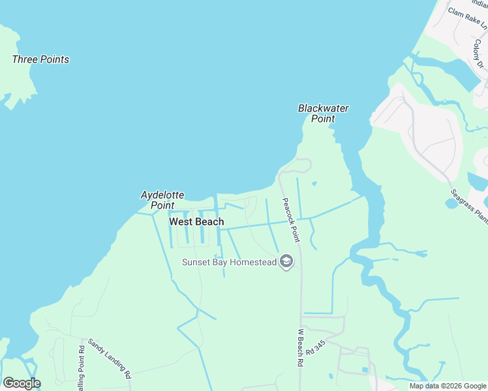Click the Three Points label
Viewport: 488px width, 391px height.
[x=40, y=59]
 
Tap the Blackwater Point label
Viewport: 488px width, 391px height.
[x=323, y=113]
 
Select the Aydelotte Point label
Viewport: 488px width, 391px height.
[x=162, y=200]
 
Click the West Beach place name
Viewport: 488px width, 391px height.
[x=196, y=222]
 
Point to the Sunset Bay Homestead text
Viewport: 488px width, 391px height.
[x=229, y=262]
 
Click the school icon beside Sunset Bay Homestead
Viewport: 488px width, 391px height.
[x=286, y=262]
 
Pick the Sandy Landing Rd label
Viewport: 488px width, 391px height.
[x=110, y=358]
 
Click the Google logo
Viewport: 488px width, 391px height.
[x=22, y=383]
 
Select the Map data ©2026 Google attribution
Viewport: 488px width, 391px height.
[x=448, y=386]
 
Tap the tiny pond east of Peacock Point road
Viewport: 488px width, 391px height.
[x=314, y=183]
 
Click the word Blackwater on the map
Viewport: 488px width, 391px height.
[x=323, y=108]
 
